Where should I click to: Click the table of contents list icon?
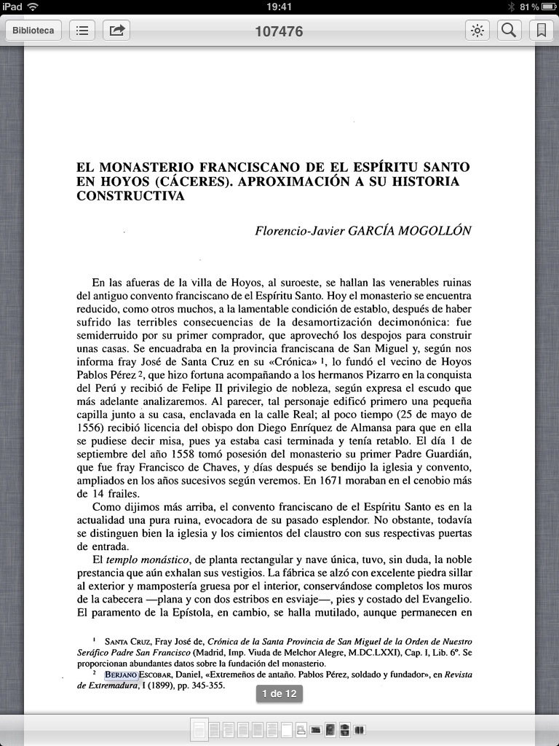82,31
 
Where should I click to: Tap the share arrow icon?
116,31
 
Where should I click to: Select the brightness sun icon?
477,31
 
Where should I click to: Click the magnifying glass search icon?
510,31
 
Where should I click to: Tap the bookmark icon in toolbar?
541,31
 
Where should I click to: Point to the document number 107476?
279,31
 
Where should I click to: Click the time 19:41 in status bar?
279,7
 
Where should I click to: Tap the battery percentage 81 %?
529,7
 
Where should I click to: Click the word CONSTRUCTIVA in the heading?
130,196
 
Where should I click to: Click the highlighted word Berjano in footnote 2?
121,675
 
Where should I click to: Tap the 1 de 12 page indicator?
279,694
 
